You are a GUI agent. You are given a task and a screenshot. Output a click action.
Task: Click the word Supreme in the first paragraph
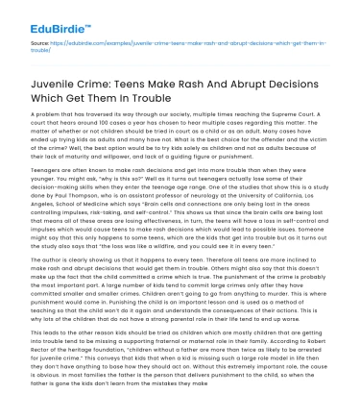coord(284,114)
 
